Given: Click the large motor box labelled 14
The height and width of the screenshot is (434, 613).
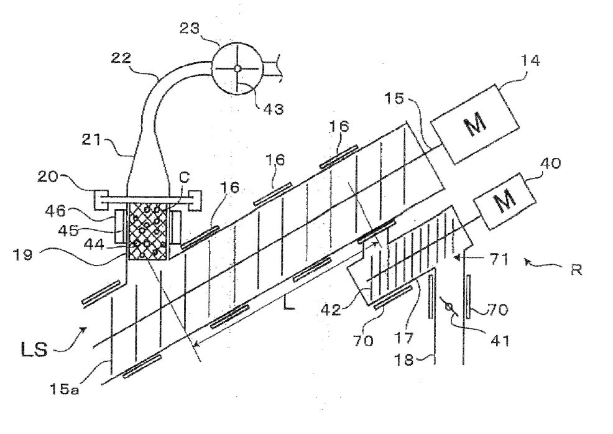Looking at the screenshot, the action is (474, 124).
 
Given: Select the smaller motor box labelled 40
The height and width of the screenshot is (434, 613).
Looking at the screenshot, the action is (505, 201).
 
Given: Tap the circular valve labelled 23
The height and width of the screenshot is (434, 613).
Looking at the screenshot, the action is (237, 69).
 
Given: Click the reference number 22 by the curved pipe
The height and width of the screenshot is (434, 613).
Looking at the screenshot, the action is (121, 58).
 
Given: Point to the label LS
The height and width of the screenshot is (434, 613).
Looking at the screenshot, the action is (34, 349).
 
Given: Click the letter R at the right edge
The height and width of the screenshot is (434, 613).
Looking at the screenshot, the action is (577, 270).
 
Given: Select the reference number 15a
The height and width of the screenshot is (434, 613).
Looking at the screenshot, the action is (64, 389).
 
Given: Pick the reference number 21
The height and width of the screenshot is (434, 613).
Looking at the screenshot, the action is (92, 139).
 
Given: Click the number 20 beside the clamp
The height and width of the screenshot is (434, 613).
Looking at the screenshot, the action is (48, 177).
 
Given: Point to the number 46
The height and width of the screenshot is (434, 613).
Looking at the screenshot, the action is (55, 211).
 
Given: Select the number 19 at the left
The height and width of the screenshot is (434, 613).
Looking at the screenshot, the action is (22, 255).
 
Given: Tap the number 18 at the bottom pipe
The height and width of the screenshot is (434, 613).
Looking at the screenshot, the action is (404, 359).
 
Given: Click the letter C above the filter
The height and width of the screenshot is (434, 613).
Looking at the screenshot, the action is (184, 177).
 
